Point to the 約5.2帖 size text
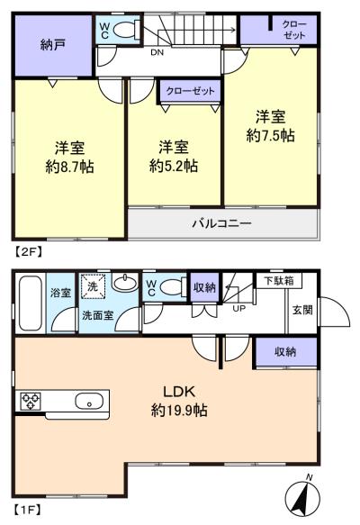(x=174, y=167)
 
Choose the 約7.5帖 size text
(x=271, y=136)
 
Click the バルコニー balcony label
(x=220, y=223)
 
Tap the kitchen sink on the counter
(x=88, y=402)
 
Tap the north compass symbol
(x=305, y=496)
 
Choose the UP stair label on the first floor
(x=238, y=308)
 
